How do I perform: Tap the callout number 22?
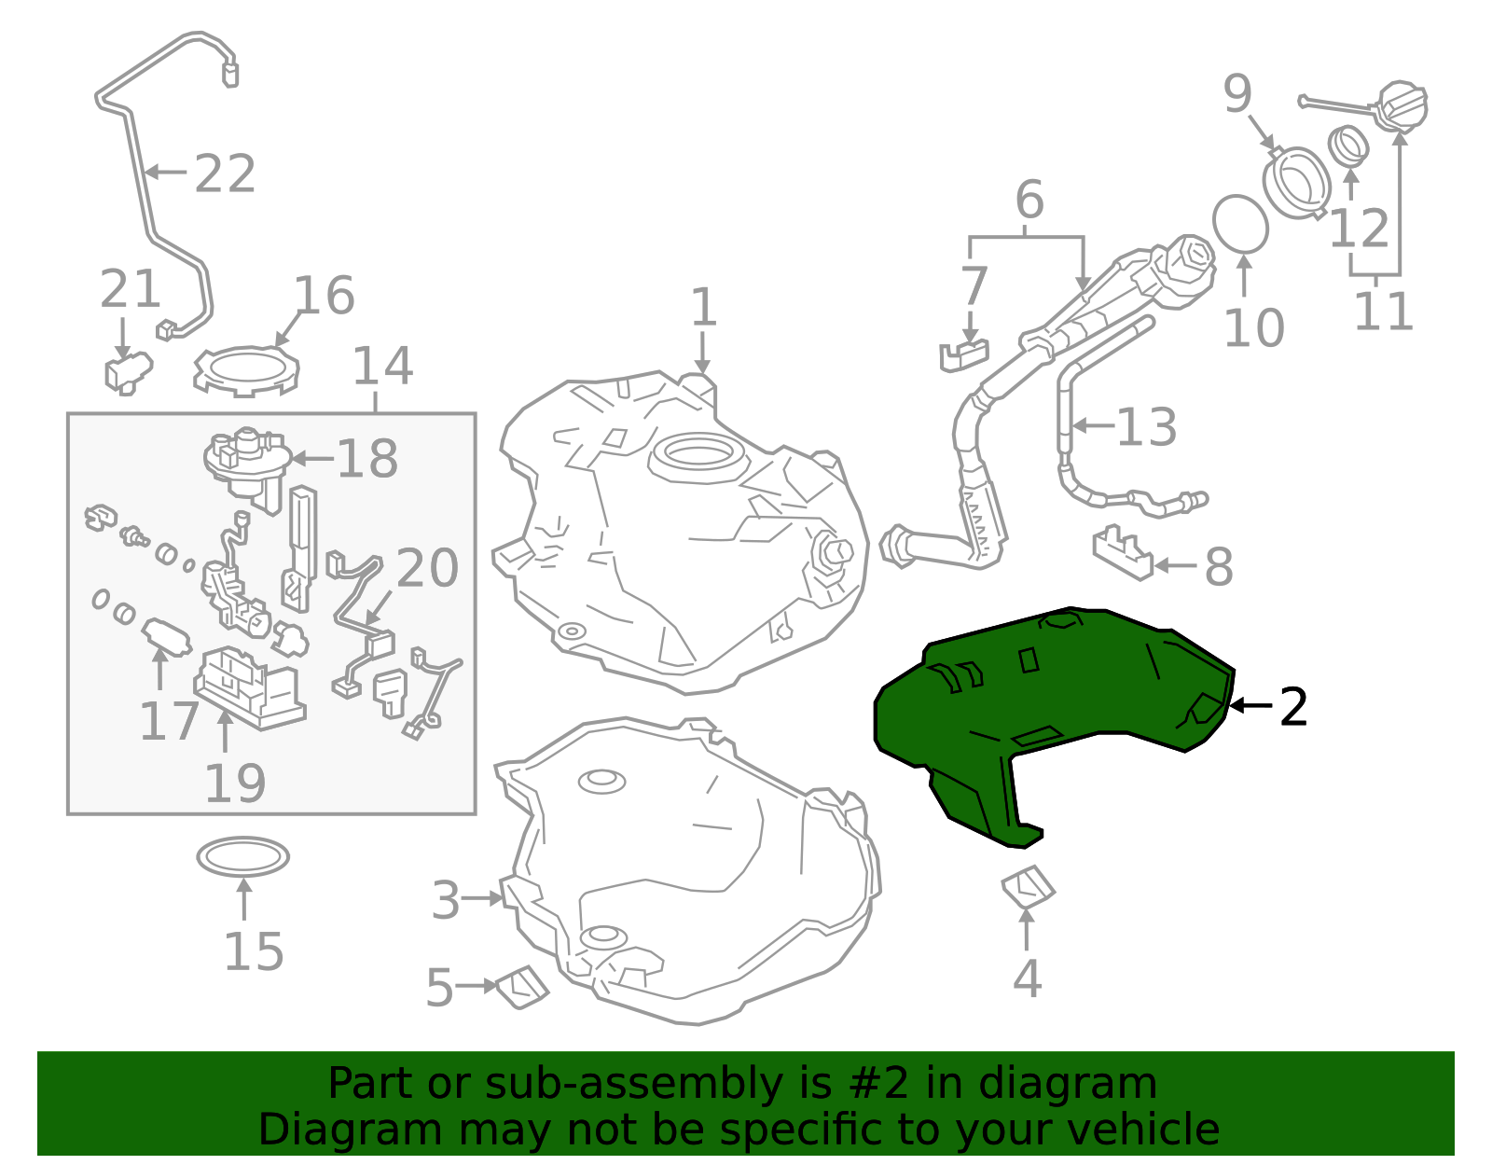[x=225, y=174]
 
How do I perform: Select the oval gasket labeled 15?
[x=242, y=857]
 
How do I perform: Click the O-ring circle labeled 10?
[x=1240, y=224]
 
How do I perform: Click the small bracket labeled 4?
[x=1028, y=887]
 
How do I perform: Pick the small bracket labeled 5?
[x=522, y=987]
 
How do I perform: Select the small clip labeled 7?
[x=963, y=354]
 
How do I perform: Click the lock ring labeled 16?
[x=245, y=370]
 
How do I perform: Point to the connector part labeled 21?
[x=126, y=370]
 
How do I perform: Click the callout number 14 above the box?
[x=382, y=367]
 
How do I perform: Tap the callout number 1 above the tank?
[x=703, y=307]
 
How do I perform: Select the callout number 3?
[x=446, y=901]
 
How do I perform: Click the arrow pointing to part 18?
[x=312, y=458]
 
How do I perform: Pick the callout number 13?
[x=1146, y=427]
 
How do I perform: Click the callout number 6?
[x=1029, y=200]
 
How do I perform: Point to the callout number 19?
[x=235, y=783]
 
